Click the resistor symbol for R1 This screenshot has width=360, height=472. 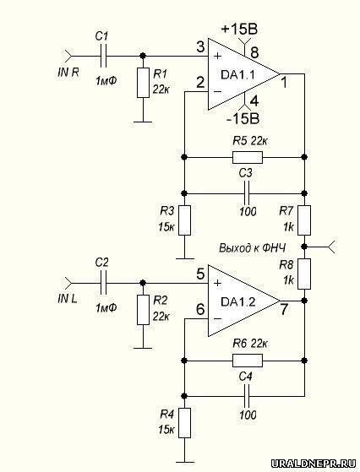click(143, 83)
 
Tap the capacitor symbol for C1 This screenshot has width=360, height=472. click(104, 56)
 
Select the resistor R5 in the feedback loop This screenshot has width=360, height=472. click(248, 157)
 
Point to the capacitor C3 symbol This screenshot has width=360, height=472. click(247, 193)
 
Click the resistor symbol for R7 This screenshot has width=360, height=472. click(304, 220)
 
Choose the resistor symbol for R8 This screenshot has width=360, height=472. click(304, 274)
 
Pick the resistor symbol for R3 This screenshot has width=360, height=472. click(185, 220)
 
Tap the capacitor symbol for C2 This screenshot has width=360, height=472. click(104, 283)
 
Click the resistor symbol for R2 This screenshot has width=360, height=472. click(143, 310)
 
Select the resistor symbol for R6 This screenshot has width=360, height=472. click(248, 361)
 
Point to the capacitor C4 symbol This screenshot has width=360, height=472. click(247, 396)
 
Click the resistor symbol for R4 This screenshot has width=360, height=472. click(185, 423)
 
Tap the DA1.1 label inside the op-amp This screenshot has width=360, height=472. click(237, 74)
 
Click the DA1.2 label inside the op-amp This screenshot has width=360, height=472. click(238, 301)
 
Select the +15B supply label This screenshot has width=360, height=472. click(239, 30)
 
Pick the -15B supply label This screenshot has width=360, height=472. click(243, 119)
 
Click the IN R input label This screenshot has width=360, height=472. click(68, 73)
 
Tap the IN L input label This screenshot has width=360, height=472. click(68, 299)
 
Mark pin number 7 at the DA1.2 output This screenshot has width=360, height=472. click(284, 309)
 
